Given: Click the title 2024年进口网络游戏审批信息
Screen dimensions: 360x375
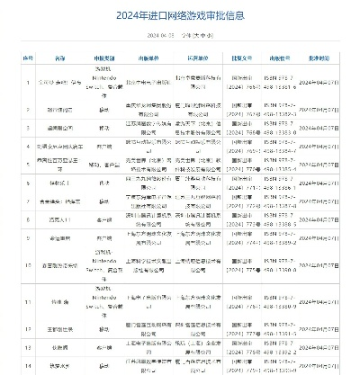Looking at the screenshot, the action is coord(180,14).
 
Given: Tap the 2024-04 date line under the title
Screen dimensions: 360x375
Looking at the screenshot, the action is coord(180,36).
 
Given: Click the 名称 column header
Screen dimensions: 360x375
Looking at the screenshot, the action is coord(60,56).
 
